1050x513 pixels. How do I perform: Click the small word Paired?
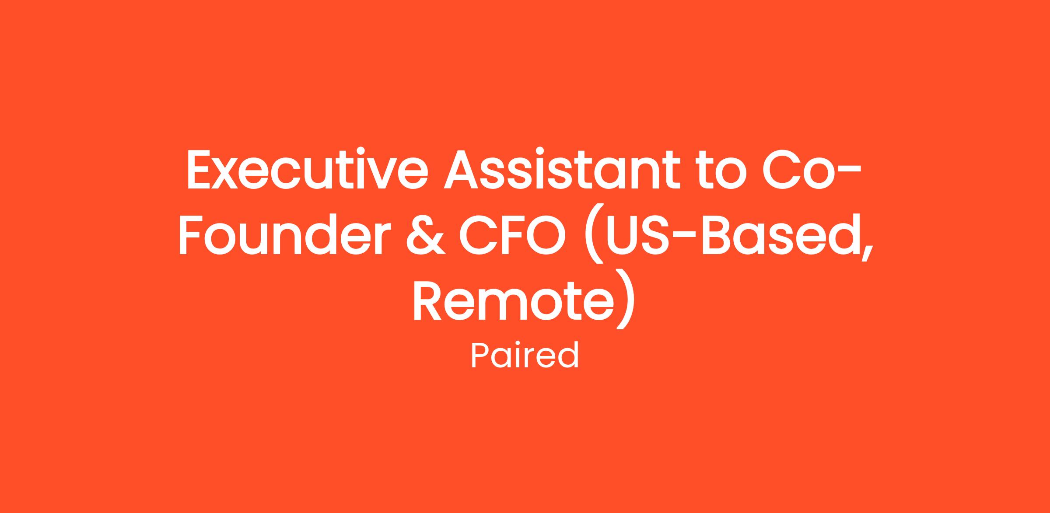[x=525, y=356]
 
